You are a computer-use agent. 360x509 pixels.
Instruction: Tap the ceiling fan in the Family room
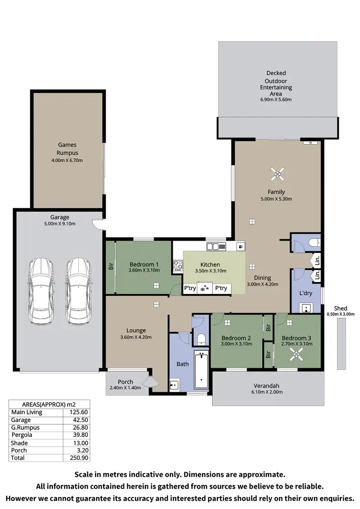pyautogui.click(x=276, y=174)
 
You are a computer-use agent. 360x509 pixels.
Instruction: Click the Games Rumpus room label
pyautogui.click(x=67, y=149)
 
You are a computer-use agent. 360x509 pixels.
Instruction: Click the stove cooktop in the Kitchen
pyautogui.click(x=178, y=265)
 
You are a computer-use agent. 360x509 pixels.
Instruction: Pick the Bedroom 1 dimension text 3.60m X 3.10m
pyautogui.click(x=144, y=271)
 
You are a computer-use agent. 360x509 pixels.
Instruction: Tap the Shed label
pyautogui.click(x=341, y=308)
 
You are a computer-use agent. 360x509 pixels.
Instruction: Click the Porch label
pyautogui.click(x=125, y=382)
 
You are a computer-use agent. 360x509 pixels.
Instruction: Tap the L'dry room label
pyautogui.click(x=306, y=292)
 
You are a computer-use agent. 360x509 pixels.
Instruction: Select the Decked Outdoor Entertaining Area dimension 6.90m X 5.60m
pyautogui.click(x=276, y=100)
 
